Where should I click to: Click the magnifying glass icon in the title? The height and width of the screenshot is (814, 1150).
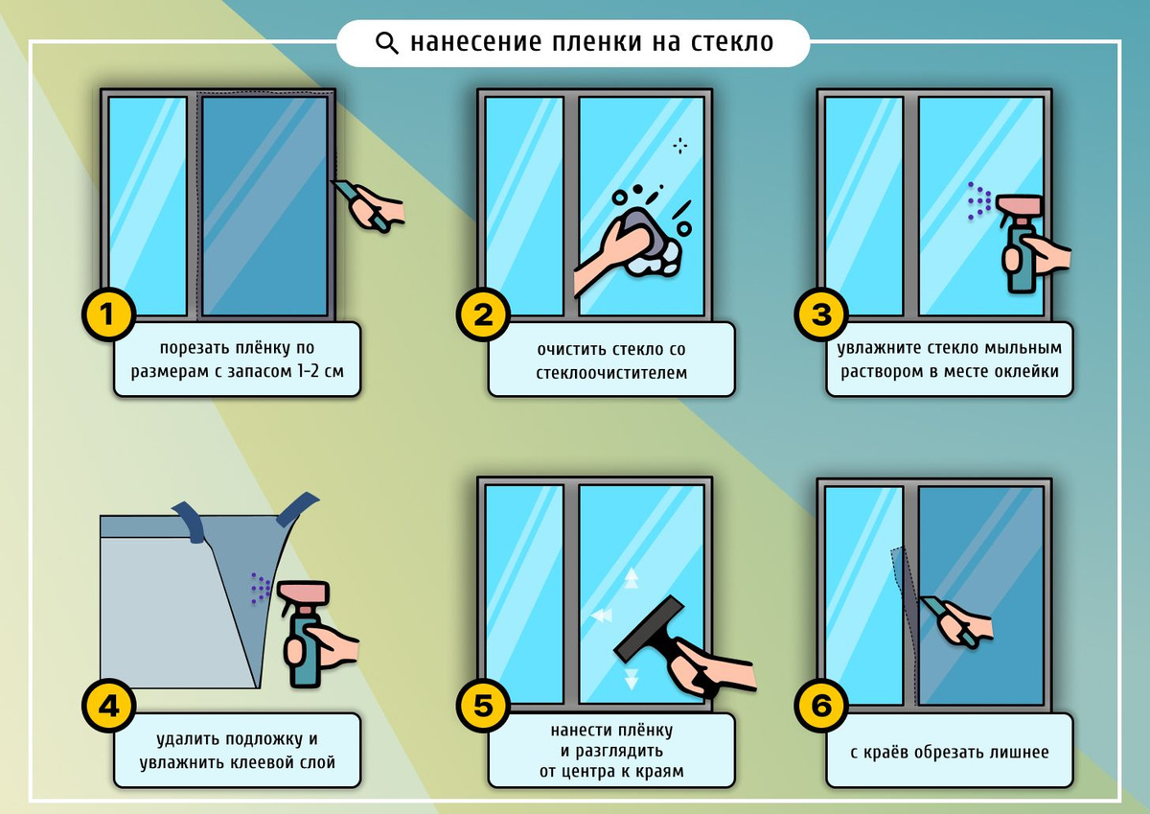[x=386, y=43]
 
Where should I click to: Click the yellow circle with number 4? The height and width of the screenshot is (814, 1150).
[x=107, y=709]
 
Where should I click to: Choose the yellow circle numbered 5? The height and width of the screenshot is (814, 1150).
[x=482, y=709]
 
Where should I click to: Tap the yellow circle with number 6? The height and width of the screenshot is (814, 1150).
[x=821, y=709]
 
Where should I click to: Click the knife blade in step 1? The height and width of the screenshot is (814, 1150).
[x=343, y=190]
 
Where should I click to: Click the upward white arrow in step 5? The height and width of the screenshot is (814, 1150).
[x=632, y=577]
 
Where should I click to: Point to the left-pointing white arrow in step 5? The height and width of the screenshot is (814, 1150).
[x=601, y=615]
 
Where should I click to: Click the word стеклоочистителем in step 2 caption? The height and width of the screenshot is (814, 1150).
[x=611, y=372]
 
